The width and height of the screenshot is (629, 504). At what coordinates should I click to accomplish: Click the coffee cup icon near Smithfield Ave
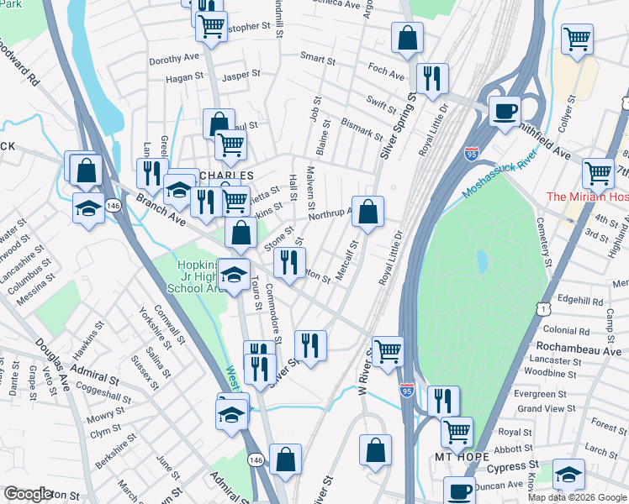[505, 111]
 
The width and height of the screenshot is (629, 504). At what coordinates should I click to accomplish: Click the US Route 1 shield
[546, 308]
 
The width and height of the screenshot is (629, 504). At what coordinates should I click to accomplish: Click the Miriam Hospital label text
[587, 197]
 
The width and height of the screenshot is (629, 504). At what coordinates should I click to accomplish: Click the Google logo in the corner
[28, 494]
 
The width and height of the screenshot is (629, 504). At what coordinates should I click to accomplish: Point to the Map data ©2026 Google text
[577, 497]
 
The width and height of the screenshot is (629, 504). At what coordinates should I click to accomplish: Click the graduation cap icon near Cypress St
[568, 474]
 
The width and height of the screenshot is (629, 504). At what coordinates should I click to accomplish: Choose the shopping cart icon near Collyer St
[577, 38]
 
